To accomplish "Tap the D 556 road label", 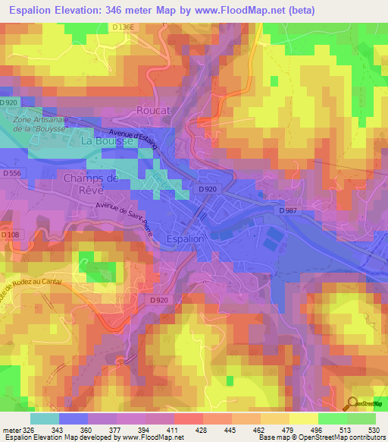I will tap(11, 174).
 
